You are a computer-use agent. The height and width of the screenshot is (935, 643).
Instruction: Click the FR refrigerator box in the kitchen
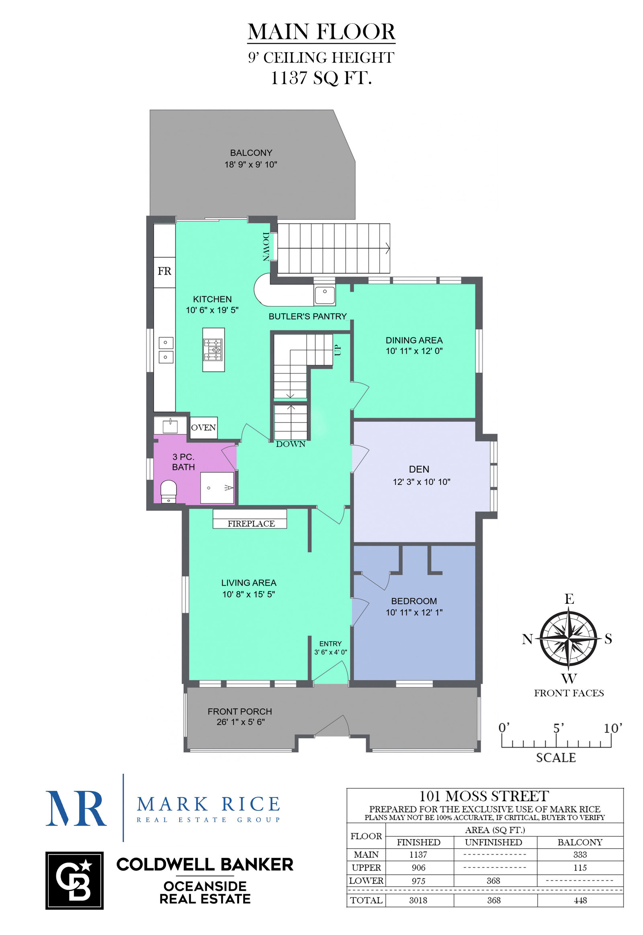pyautogui.click(x=164, y=272)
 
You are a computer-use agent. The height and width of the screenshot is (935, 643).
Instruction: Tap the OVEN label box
pyautogui.click(x=203, y=428)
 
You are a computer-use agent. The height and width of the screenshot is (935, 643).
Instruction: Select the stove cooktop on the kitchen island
pyautogui.click(x=213, y=350)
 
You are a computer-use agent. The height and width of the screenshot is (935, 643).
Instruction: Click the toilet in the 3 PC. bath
pyautogui.click(x=168, y=491)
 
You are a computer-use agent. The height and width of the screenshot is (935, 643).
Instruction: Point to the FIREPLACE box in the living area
pyautogui.click(x=250, y=519)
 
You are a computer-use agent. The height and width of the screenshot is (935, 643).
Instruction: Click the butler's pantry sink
pyautogui.click(x=325, y=295)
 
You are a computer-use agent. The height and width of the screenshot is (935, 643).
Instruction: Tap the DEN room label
pyautogui.click(x=419, y=469)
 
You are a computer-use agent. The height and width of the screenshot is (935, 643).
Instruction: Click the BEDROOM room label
pyautogui.click(x=414, y=601)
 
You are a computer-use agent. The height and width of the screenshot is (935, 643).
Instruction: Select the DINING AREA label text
pyautogui.click(x=414, y=340)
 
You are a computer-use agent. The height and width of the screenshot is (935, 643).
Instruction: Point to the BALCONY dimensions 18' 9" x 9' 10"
pyautogui.click(x=251, y=164)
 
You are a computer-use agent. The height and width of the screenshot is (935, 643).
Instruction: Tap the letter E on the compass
pyautogui.click(x=569, y=599)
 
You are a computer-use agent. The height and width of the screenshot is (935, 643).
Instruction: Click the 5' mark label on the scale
pyautogui.click(x=558, y=728)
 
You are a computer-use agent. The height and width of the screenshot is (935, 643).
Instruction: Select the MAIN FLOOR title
pyautogui.click(x=321, y=32)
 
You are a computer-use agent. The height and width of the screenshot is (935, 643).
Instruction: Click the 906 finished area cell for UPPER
pyautogui.click(x=418, y=867)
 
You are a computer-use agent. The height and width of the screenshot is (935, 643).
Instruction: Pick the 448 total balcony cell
pyautogui.click(x=580, y=900)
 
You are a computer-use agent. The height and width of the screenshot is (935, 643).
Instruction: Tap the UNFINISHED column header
pyautogui.click(x=494, y=842)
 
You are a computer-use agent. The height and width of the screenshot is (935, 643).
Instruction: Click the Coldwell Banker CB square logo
pyautogui.click(x=74, y=881)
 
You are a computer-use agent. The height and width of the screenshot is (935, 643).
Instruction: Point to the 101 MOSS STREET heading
pyautogui.click(x=484, y=796)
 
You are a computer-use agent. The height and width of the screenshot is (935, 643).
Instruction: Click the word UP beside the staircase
pyautogui.click(x=338, y=350)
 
